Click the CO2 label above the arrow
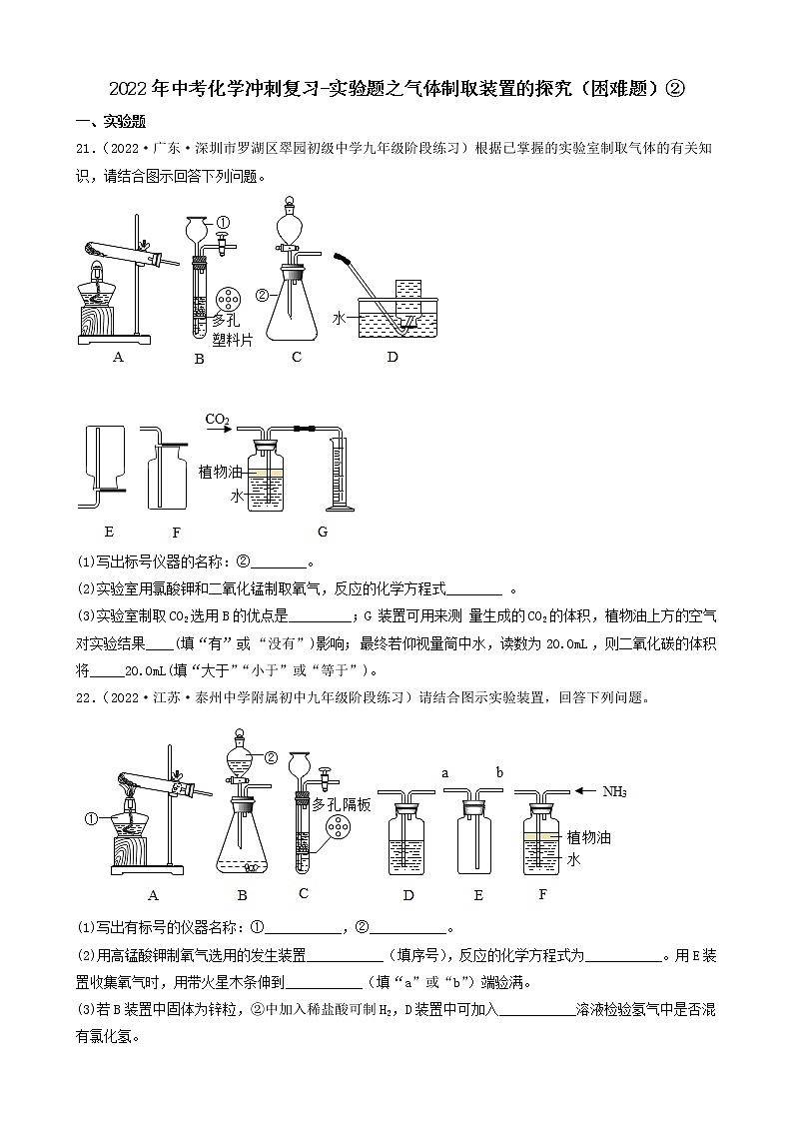coord(218,418)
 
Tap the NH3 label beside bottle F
coord(614,791)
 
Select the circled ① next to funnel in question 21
coord(223,223)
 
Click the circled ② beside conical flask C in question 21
coord(263,295)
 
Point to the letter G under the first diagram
coord(323,531)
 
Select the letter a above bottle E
coord(444,772)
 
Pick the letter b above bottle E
coord(499,772)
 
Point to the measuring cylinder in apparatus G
coord(340,474)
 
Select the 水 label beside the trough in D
coord(339,317)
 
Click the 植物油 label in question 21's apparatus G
coord(220,471)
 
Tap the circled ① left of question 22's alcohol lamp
coord(90,818)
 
